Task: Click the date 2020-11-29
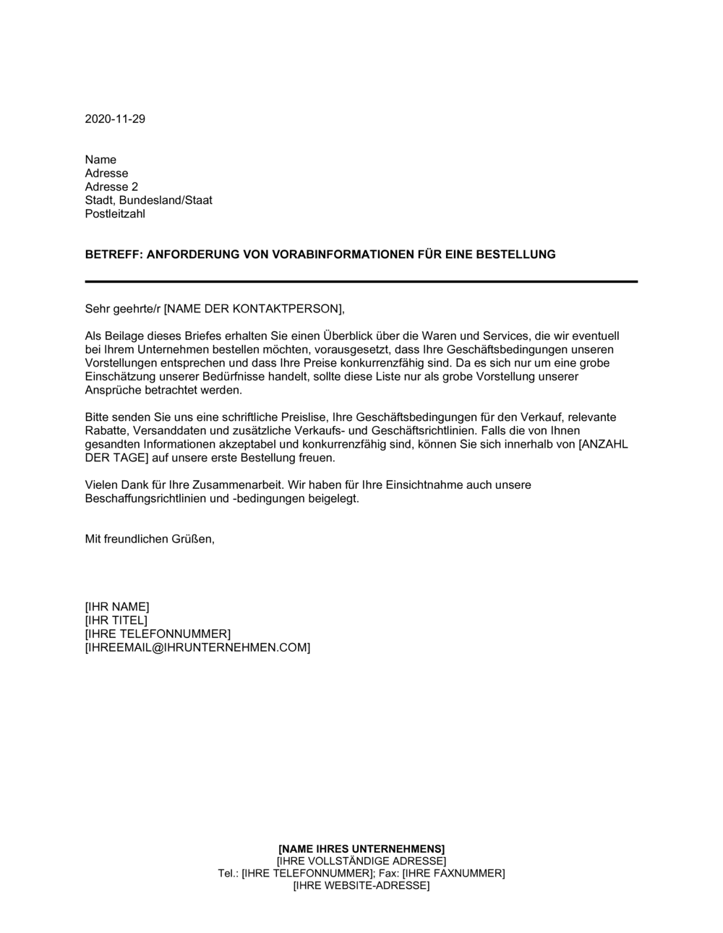[x=115, y=119]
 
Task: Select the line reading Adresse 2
[x=111, y=187]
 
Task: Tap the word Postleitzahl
[x=115, y=213]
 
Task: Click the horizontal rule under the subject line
[x=361, y=281]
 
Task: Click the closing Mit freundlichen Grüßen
[x=150, y=540]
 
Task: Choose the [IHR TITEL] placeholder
[x=116, y=621]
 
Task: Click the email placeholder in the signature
[x=197, y=647]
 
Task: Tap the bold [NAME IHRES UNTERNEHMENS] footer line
[x=361, y=848]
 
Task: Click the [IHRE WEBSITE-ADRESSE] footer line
[x=361, y=885]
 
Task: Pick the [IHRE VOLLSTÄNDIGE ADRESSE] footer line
[x=361, y=861]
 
